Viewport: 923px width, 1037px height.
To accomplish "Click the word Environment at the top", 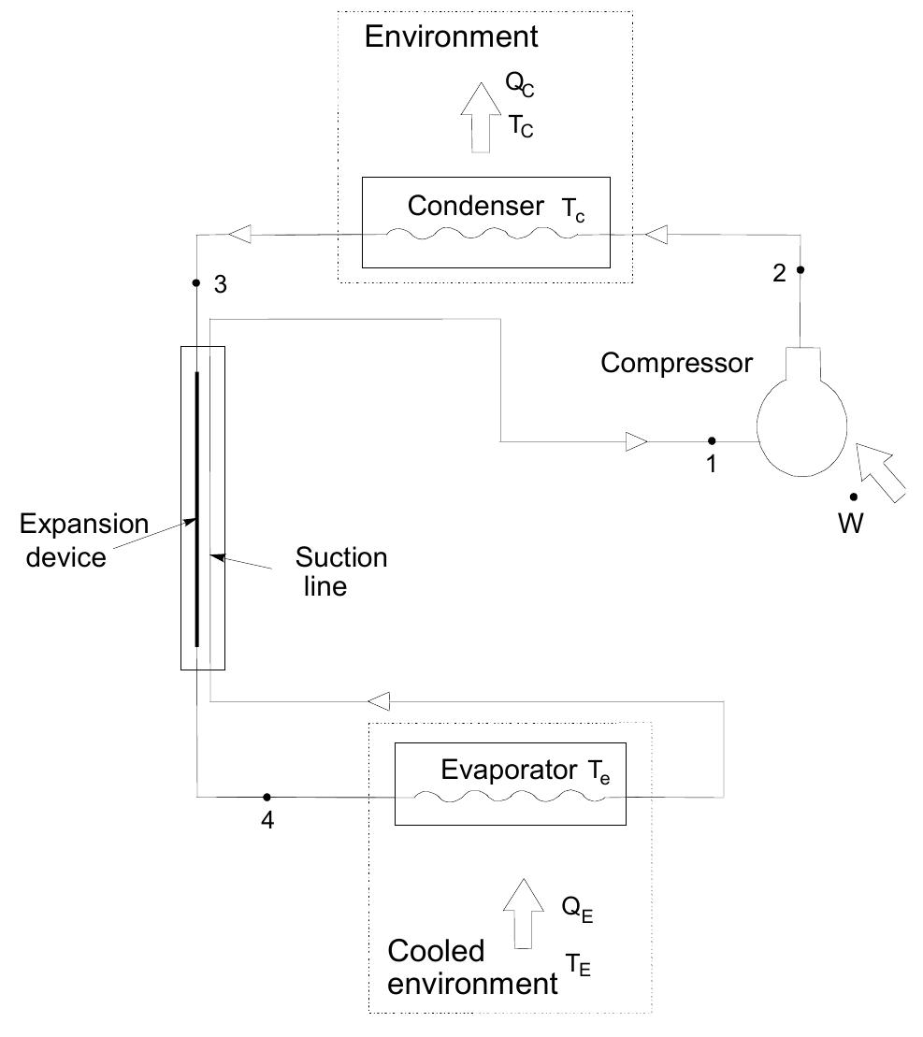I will pyautogui.click(x=452, y=37).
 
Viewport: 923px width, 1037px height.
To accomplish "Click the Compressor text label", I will pyautogui.click(x=676, y=364).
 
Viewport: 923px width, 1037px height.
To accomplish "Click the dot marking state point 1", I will pyautogui.click(x=712, y=440).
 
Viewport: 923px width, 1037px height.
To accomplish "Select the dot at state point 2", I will pyautogui.click(x=801, y=270).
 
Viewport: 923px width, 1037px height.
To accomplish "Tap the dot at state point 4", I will pyautogui.click(x=267, y=797).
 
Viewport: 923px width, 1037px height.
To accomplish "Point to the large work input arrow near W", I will pyautogui.click(x=884, y=473).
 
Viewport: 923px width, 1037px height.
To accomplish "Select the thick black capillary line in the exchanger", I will pyautogui.click(x=197, y=510).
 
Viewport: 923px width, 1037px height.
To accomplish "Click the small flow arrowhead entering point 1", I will pyautogui.click(x=634, y=440).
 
